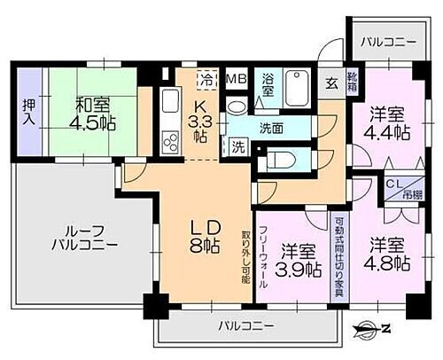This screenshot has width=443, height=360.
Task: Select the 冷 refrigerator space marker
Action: tap(206, 78)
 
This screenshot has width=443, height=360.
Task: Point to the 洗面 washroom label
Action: tap(271, 128)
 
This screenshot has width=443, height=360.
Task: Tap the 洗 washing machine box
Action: tap(237, 146)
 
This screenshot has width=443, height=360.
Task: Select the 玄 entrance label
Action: tap(330, 83)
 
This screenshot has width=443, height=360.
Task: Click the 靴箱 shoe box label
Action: tap(352, 85)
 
